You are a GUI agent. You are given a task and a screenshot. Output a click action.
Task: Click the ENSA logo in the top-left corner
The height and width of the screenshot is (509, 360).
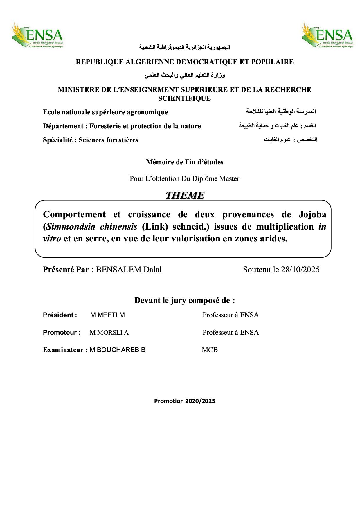coord(37,35)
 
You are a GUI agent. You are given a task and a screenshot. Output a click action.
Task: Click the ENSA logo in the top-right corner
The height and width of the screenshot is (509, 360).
coord(327,35)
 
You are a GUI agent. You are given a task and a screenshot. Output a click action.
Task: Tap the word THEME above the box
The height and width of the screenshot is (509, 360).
coord(185,195)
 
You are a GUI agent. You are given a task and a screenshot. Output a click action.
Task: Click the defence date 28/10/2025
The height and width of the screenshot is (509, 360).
coord(300,270)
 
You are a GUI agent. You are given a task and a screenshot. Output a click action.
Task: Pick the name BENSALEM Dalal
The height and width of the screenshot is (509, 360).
coord(129,270)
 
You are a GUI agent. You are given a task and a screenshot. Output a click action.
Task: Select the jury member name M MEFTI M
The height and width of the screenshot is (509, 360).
coord(107,315)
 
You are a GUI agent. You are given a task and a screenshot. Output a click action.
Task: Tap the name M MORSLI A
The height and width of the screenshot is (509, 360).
coord(109,333)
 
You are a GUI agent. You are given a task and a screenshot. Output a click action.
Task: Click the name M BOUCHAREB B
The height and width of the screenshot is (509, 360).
coord(118,350)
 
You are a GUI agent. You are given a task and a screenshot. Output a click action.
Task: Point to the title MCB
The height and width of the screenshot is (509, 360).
coord(210,350)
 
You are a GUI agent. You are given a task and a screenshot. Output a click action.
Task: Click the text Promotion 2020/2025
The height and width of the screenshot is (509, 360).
coord(185,401)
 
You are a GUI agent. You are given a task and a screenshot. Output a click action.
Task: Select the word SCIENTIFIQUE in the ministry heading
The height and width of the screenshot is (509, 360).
coord(184,98)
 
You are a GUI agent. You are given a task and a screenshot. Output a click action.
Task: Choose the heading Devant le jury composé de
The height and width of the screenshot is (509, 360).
coord(184,300)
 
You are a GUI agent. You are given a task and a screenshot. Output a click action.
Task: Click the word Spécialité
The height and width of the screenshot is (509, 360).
coord(59,140)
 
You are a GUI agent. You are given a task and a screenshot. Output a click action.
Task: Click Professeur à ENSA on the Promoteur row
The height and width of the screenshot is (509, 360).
coord(231,333)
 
